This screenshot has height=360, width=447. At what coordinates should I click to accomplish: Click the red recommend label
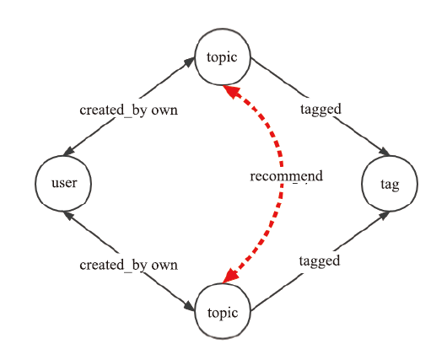click(x=287, y=176)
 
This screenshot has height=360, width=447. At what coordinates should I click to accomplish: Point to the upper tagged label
click(x=320, y=110)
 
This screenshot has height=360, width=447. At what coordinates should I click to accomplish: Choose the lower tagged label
click(x=320, y=261)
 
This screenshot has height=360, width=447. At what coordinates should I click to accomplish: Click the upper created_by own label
click(x=128, y=110)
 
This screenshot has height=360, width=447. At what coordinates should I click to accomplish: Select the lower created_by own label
click(x=128, y=265)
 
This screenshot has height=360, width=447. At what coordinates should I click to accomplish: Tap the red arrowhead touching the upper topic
click(x=230, y=91)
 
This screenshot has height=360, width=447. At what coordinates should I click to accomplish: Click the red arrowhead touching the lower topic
click(x=231, y=276)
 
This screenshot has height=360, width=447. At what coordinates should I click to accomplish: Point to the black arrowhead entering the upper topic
click(x=189, y=62)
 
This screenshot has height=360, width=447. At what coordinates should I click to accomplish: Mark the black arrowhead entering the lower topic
click(x=189, y=306)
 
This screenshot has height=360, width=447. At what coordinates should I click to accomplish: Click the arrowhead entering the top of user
click(x=69, y=151)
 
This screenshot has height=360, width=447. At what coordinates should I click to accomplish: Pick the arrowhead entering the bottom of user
click(x=69, y=216)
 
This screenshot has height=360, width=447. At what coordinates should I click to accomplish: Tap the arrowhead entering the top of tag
click(x=384, y=152)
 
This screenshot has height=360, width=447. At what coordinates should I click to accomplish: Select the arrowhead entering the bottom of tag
click(x=384, y=216)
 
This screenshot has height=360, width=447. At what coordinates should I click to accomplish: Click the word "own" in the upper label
click(x=164, y=110)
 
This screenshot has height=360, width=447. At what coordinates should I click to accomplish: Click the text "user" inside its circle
click(x=64, y=183)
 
